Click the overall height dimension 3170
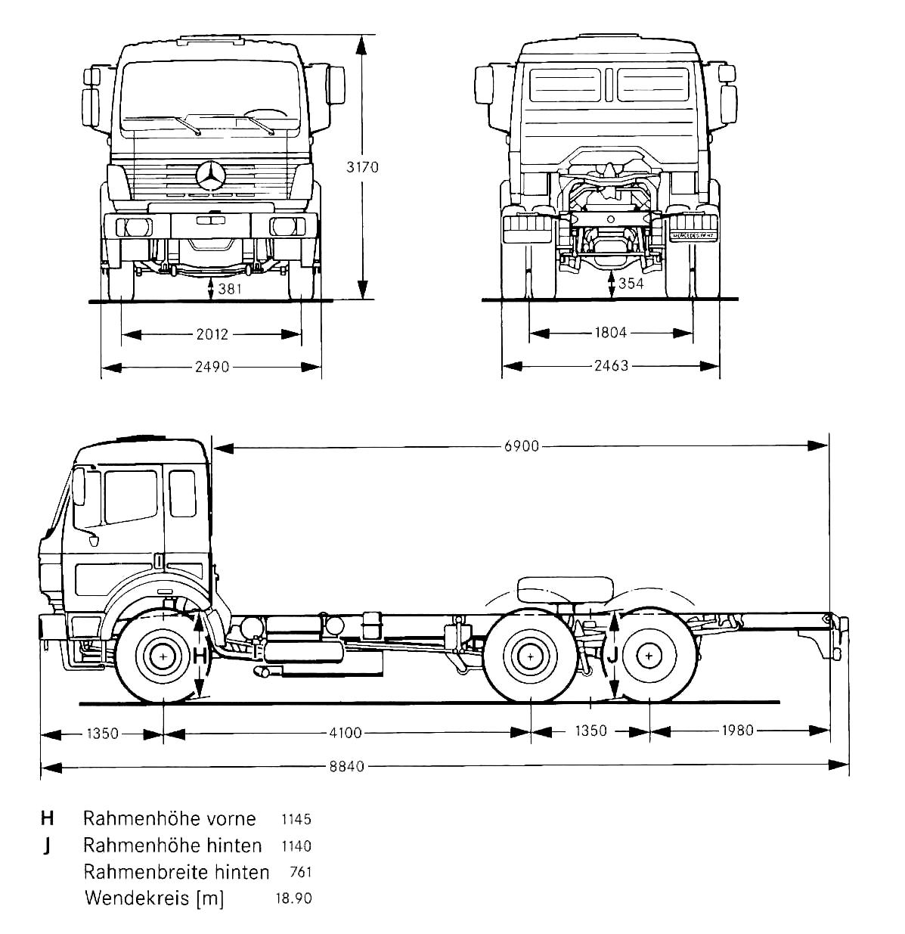362,167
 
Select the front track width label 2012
212,334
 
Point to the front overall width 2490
211,368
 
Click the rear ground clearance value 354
631,284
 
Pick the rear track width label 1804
611,332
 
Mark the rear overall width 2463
611,367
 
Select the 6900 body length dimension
522,446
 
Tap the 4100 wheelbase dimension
346,732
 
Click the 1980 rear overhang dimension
738,731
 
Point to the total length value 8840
346,766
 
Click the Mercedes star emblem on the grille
211,177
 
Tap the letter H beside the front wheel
200,656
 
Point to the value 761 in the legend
300,872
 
